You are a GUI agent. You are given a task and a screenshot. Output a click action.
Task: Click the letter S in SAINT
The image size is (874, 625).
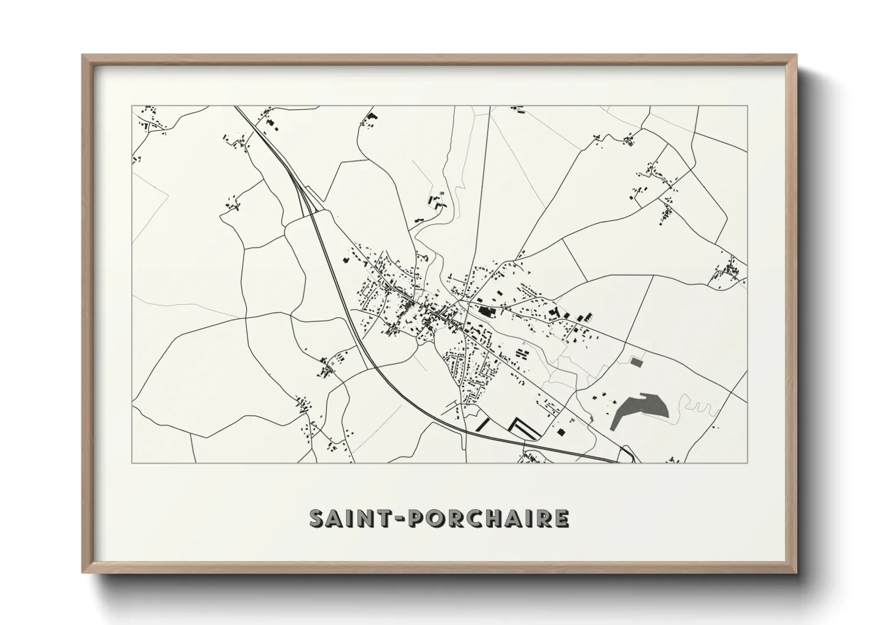point(318,518)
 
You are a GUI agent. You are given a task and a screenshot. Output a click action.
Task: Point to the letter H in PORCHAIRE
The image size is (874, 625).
point(488,518)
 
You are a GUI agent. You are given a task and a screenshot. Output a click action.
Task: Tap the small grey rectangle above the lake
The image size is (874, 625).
point(636,360)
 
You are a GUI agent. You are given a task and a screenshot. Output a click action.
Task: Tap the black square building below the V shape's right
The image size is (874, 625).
point(560,433)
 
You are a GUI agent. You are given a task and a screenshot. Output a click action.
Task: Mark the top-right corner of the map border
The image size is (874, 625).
point(747,106)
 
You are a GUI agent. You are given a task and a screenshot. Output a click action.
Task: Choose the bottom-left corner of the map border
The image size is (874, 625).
point(132,463)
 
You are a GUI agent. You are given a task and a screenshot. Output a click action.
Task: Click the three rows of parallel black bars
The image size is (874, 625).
point(523,353)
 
